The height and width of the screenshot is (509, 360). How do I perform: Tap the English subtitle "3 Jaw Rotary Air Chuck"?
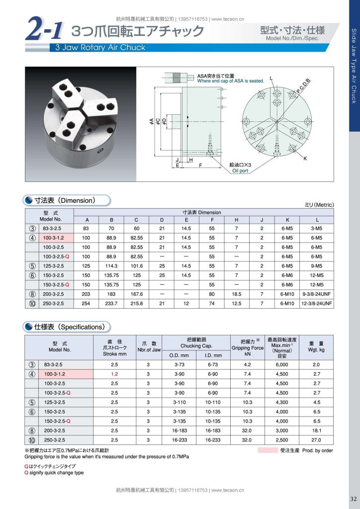point(100,47)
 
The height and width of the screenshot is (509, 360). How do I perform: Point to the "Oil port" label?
point(240,171)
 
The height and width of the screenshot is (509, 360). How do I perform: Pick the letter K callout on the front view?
point(305,159)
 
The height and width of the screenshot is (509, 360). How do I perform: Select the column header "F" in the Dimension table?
point(212,220)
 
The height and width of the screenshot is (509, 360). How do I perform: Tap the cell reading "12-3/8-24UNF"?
point(317,304)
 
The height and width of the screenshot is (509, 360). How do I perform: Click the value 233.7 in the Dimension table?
point(111,304)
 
